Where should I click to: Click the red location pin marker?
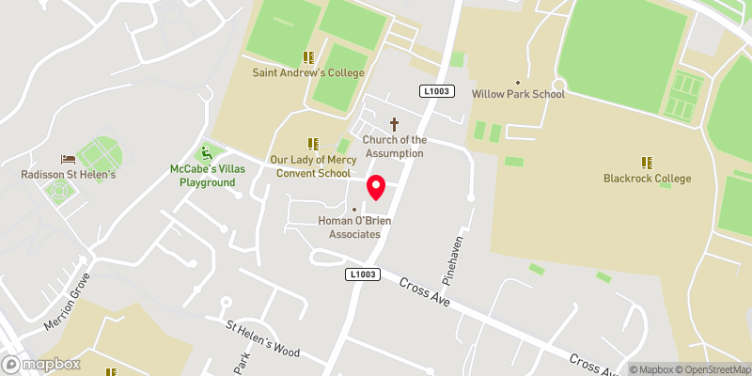click(x=376, y=187)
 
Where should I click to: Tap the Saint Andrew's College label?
click(x=307, y=72)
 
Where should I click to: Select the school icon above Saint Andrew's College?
click(x=307, y=57)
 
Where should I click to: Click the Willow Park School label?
click(x=517, y=94)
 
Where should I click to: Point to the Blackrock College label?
click(x=648, y=179)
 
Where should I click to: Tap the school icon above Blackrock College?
click(x=647, y=163)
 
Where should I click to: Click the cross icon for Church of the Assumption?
click(x=394, y=124)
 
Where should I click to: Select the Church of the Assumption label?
click(x=394, y=147)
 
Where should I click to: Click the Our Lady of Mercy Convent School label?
click(x=310, y=166)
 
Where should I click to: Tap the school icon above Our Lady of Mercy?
click(x=312, y=144)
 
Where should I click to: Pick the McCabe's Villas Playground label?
click(x=208, y=176)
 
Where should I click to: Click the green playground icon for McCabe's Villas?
click(x=207, y=152)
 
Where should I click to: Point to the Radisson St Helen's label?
click(x=68, y=175)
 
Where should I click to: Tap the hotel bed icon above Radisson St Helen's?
click(x=68, y=160)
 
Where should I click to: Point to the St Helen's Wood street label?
click(x=261, y=340)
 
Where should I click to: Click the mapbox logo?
click(x=42, y=364)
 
